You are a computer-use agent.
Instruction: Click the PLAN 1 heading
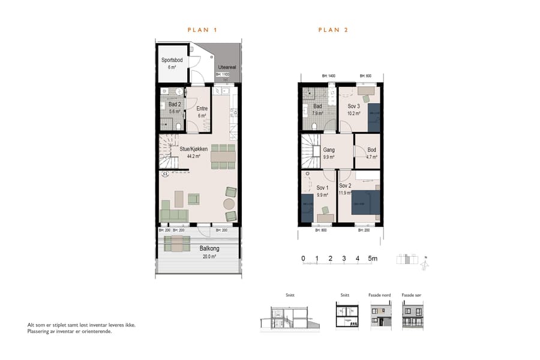click(x=202, y=29)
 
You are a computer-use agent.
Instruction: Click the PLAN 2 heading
click(x=333, y=29)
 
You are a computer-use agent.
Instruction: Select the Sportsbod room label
click(x=172, y=61)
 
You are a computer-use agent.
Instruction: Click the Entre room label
click(x=202, y=109)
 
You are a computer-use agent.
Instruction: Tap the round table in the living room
click(x=230, y=204)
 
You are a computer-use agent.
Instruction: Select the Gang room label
click(x=329, y=151)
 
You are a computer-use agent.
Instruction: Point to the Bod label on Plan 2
click(x=371, y=151)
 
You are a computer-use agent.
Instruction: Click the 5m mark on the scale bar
click(x=373, y=259)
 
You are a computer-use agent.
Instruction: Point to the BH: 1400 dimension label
click(x=328, y=76)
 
